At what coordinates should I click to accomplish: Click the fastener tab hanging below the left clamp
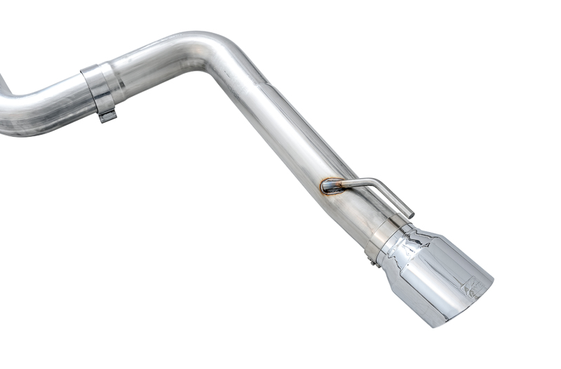click(106, 115)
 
